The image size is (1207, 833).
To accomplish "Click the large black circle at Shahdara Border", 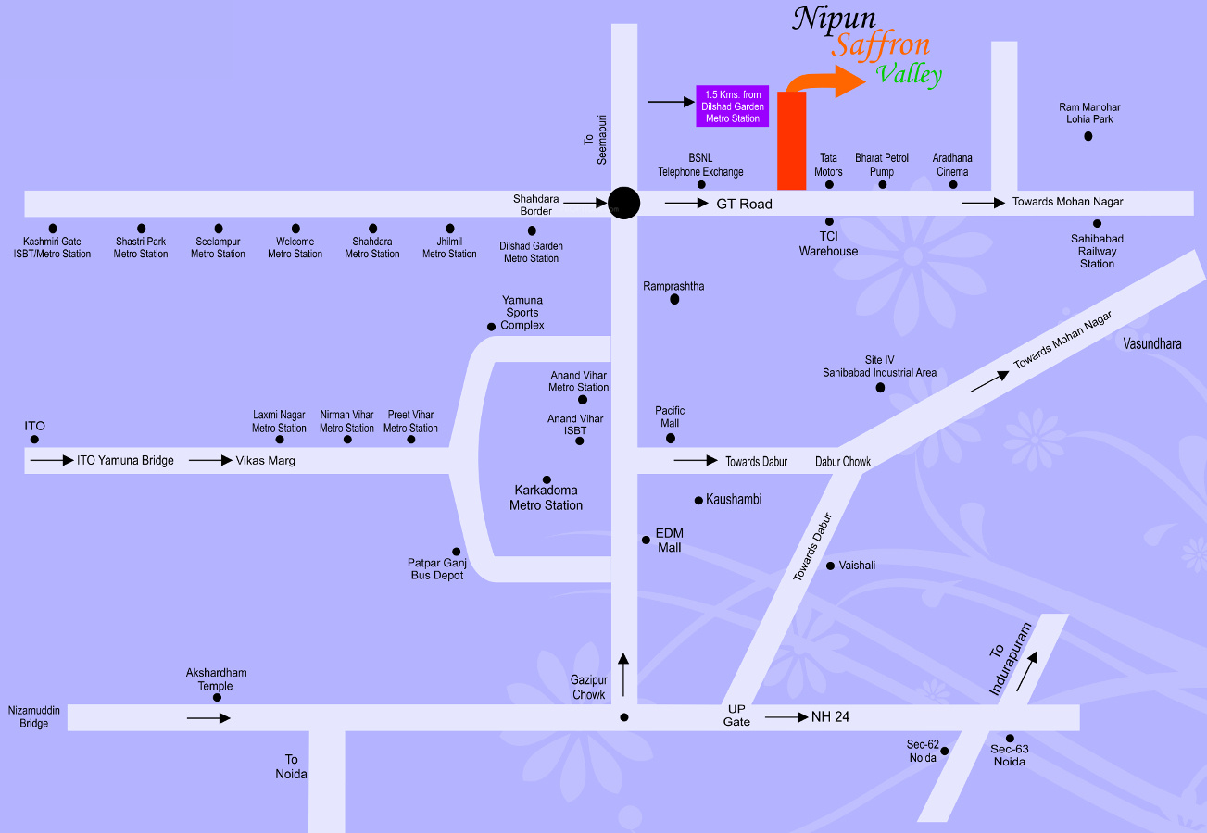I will (624, 203).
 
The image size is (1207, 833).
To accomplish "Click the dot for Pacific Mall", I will (671, 438).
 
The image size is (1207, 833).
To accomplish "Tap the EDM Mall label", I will (669, 541).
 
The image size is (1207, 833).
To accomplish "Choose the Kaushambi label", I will (734, 500).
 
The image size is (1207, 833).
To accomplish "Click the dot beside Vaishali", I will (830, 566).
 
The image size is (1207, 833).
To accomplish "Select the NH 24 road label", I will (831, 716).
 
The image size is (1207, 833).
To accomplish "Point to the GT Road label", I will (744, 204).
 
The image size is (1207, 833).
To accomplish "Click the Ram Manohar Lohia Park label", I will (1088, 113).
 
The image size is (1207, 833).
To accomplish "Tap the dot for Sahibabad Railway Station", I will (1097, 223).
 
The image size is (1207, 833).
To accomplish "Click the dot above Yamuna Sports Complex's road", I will (491, 327).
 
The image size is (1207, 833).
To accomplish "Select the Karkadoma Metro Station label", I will (547, 497).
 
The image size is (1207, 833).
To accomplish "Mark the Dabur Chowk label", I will (843, 461).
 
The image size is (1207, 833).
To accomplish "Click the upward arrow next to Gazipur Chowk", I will (623, 674).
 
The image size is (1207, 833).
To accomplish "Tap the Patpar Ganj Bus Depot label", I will (437, 568).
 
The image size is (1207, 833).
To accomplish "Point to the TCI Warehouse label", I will (829, 243).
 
